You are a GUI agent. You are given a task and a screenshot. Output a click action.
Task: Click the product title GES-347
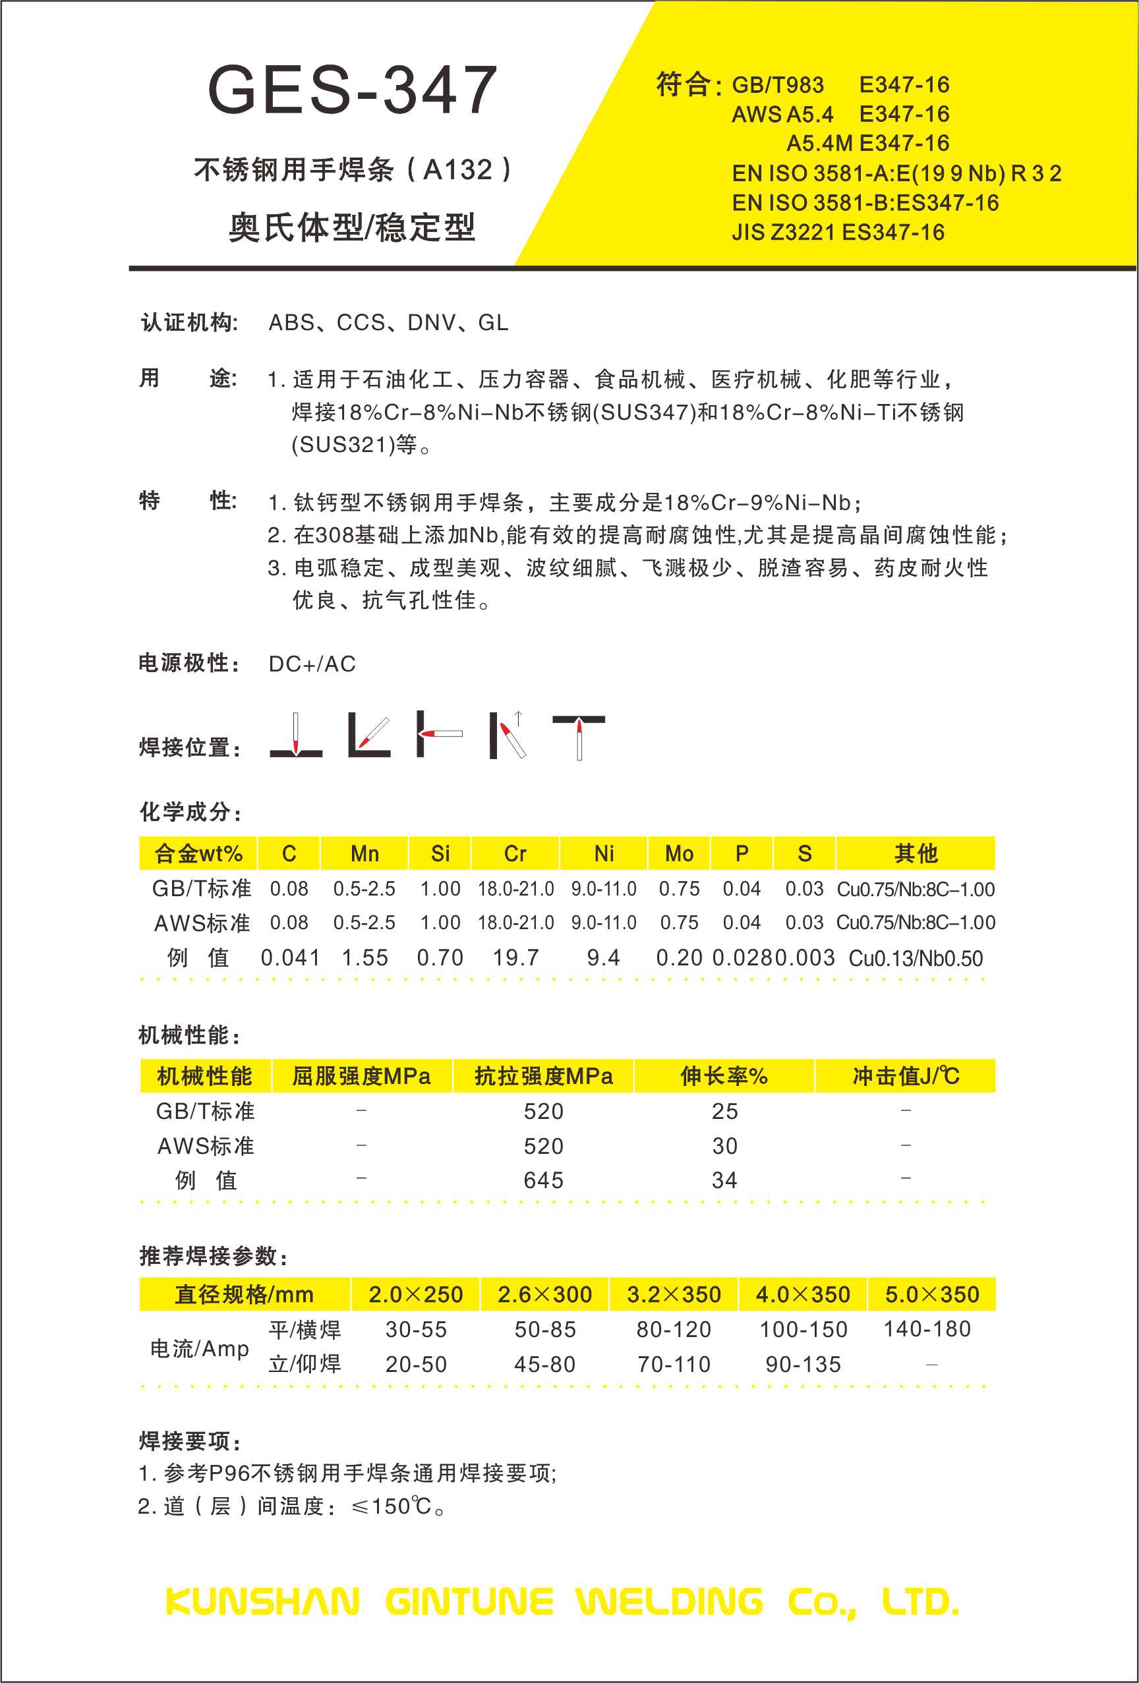(x=352, y=90)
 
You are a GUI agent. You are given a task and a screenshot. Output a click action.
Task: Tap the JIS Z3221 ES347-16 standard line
(x=838, y=233)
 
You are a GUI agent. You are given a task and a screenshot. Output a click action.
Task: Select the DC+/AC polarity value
(x=312, y=664)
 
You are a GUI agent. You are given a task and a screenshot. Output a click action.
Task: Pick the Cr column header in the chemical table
(x=515, y=854)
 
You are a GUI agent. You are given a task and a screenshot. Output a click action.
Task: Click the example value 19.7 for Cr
(x=516, y=957)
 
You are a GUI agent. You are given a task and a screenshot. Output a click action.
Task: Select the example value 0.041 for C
(x=290, y=957)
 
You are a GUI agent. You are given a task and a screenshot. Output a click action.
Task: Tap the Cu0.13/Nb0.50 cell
(x=915, y=959)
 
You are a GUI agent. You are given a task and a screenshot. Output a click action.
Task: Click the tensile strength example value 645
(x=543, y=1180)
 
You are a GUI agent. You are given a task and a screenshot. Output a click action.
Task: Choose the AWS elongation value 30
(x=724, y=1146)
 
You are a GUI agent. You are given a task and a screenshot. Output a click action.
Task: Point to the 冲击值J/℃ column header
(x=906, y=1076)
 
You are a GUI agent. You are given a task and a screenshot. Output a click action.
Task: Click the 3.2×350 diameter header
(x=674, y=1294)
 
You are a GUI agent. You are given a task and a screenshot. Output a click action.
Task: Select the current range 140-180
(x=927, y=1329)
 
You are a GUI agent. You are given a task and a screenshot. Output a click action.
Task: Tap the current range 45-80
(x=545, y=1364)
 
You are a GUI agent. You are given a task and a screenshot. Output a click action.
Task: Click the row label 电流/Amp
(x=199, y=1348)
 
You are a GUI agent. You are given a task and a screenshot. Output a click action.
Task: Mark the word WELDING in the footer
(x=670, y=1602)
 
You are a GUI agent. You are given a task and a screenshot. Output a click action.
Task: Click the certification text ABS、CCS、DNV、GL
(x=388, y=322)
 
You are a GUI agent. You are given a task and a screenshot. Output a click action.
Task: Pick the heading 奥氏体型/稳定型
(x=352, y=227)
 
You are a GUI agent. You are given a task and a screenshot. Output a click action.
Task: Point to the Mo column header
(x=679, y=854)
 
